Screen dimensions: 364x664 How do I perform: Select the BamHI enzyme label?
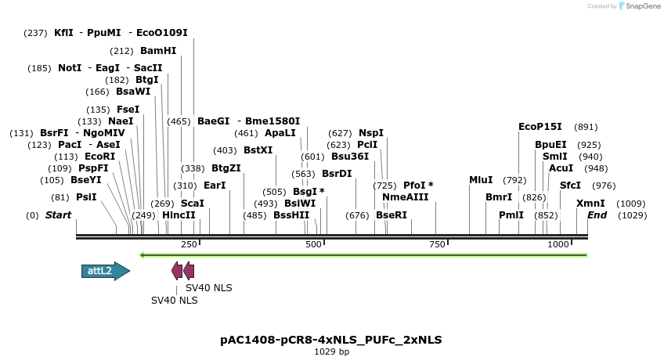tap(158, 51)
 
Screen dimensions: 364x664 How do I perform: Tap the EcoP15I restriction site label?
tap(540, 127)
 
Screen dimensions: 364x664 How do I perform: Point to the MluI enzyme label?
tap(481, 180)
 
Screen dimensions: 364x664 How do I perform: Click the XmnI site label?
tap(590, 204)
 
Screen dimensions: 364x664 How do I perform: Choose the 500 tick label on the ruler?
tap(314, 245)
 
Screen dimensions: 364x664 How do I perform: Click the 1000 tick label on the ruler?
tap(558, 245)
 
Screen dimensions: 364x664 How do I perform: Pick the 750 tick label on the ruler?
tap(436, 245)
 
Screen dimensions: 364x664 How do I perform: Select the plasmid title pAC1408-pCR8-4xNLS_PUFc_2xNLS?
tap(331, 340)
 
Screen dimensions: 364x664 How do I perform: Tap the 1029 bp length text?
tap(331, 352)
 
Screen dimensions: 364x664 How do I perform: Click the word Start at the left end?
tap(58, 215)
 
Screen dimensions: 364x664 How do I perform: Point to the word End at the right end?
tap(597, 215)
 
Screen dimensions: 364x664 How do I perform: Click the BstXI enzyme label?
tap(258, 150)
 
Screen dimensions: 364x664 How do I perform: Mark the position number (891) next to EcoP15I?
tap(586, 127)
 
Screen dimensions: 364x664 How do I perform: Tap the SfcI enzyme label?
tap(571, 186)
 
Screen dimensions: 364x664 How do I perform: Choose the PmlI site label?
tap(511, 215)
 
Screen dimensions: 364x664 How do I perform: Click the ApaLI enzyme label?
tap(280, 133)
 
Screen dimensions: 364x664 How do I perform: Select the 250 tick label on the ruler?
tap(189, 245)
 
